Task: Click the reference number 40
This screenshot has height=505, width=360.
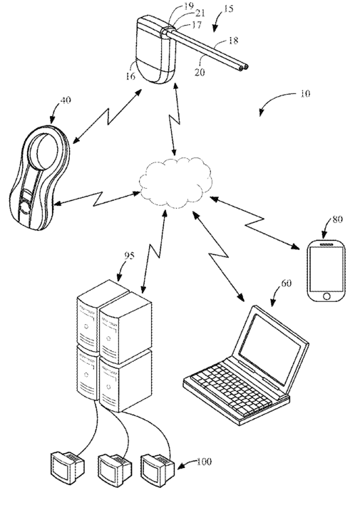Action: (66, 100)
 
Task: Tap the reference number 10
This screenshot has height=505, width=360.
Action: (305, 94)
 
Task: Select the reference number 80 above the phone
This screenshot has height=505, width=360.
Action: (337, 219)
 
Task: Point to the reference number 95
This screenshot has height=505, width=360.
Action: (130, 256)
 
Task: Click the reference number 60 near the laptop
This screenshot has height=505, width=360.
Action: (286, 283)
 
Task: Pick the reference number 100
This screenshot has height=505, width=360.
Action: (205, 462)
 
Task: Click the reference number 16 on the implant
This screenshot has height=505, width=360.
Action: (130, 76)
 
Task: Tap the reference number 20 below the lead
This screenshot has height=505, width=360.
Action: (200, 72)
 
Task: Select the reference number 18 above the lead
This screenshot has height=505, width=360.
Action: (233, 41)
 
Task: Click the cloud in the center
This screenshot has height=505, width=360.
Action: (175, 182)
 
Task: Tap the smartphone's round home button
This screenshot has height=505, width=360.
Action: (326, 296)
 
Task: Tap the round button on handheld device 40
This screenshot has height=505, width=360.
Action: (24, 207)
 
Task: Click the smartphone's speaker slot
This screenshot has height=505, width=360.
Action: (326, 245)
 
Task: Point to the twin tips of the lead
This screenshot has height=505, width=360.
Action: (244, 68)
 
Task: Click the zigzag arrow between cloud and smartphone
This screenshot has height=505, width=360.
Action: (254, 223)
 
